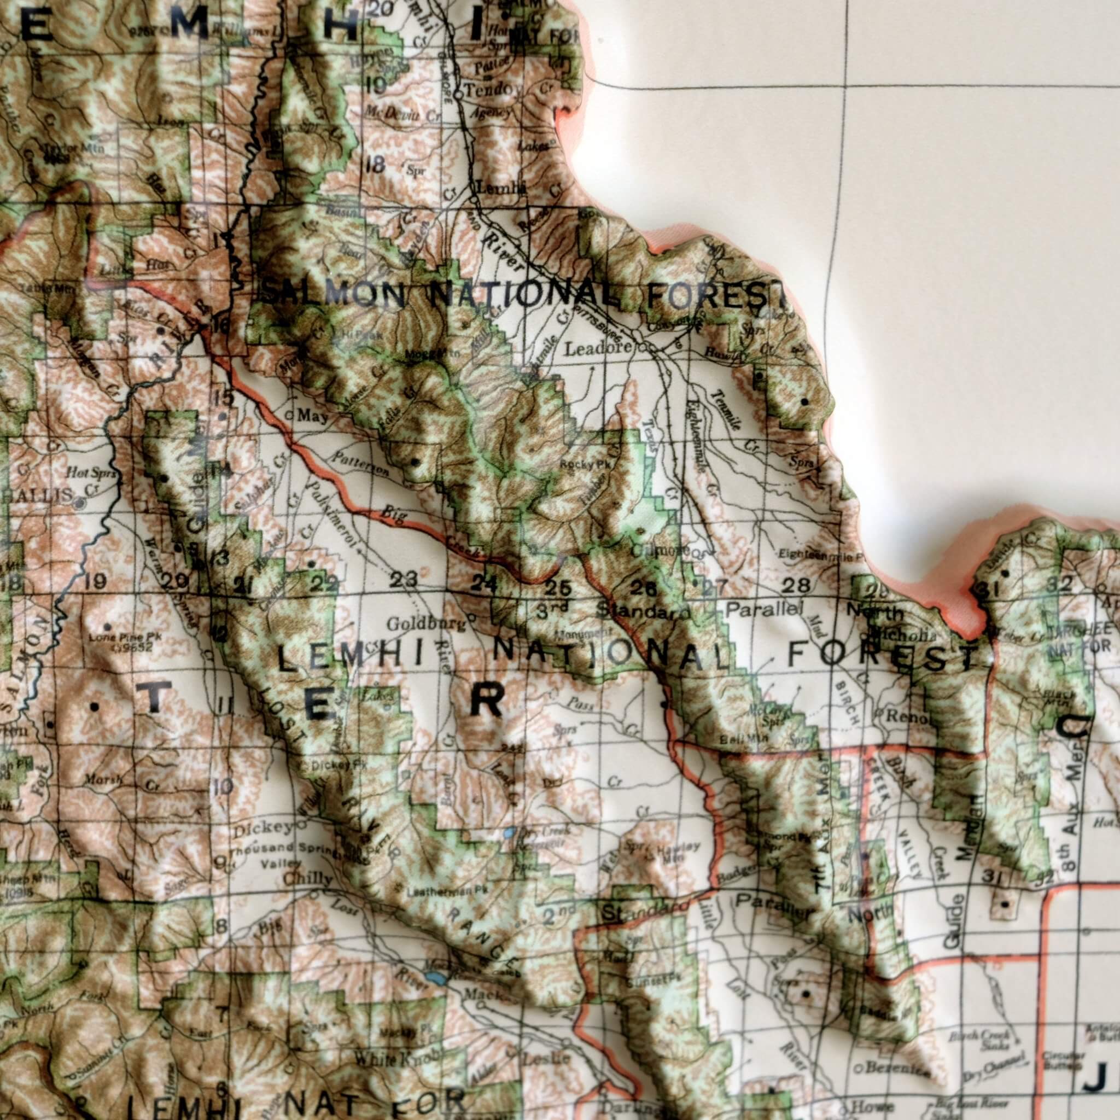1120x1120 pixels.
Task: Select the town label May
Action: coord(313,416)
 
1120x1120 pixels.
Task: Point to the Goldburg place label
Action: coord(426,625)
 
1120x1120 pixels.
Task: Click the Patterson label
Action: coord(360,464)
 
